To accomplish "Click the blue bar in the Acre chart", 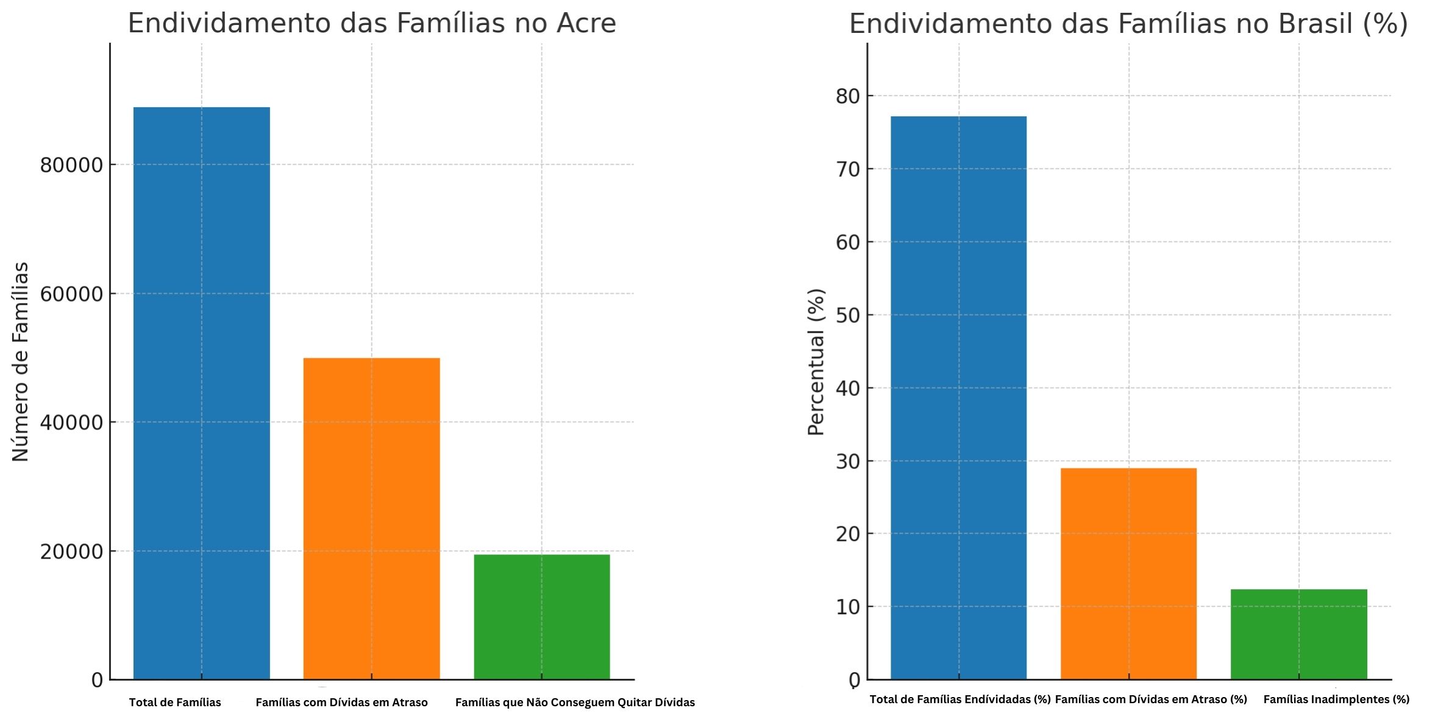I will click(x=201, y=393).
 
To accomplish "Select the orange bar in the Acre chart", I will click(x=371, y=518).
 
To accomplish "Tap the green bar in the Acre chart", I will click(x=541, y=617).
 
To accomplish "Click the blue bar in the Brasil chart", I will click(x=958, y=397).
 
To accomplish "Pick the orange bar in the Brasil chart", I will click(x=1128, y=573).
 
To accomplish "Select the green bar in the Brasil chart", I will click(x=1298, y=634).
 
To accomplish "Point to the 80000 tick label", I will click(x=71, y=165).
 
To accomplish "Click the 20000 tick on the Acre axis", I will click(x=71, y=551).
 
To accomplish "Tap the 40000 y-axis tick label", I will click(x=71, y=422).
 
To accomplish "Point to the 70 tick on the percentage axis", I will click(x=849, y=169).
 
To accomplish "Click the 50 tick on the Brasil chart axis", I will click(x=849, y=315).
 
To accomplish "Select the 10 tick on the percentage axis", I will click(x=849, y=607).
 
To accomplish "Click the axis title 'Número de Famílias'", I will click(x=20, y=362).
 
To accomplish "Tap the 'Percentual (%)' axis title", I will click(x=816, y=362).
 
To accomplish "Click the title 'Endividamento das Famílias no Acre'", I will click(x=372, y=23).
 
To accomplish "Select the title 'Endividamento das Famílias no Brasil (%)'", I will click(x=1128, y=24).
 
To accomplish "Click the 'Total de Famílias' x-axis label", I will click(x=175, y=703).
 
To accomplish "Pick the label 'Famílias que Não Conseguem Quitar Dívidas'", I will click(x=575, y=703).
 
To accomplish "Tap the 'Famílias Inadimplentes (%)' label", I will click(x=1336, y=700).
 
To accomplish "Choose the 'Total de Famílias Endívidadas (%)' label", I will click(x=959, y=700).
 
